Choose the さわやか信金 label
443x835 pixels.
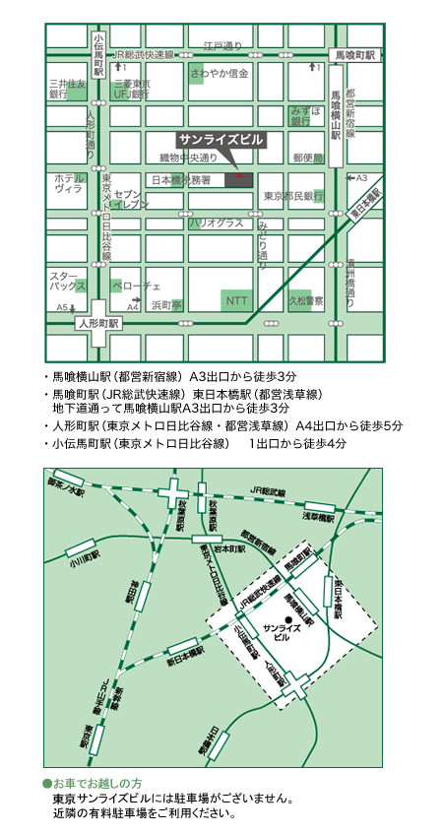(221, 73)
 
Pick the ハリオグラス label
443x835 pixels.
(216, 224)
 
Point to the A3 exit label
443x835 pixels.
(361, 177)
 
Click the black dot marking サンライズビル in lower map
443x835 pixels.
(276, 618)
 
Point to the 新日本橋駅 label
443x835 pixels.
(184, 659)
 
